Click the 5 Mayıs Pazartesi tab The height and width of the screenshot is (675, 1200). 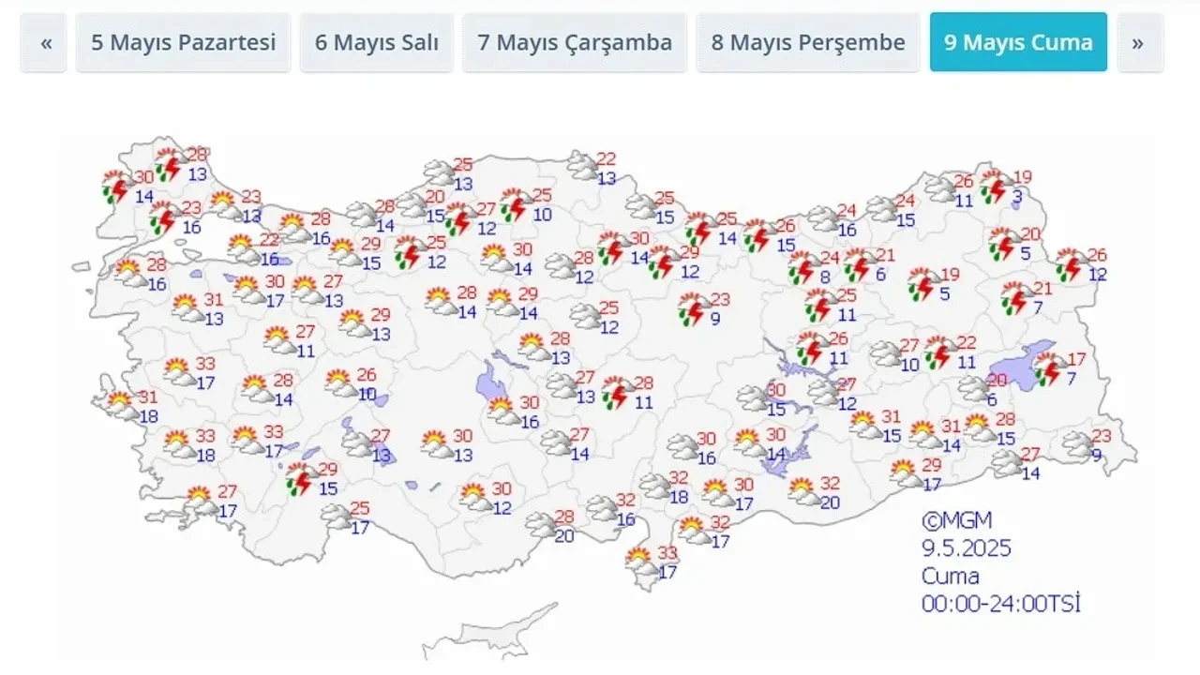coord(183,42)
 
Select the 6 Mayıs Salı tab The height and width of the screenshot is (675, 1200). coord(376,42)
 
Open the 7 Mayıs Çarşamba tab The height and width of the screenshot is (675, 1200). coord(575,42)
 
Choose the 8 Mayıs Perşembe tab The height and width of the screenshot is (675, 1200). coord(807,42)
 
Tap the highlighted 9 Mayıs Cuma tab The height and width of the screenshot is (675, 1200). coord(1018,42)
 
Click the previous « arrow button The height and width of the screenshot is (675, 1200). coord(44,42)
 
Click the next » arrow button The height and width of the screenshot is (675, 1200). coord(1139,42)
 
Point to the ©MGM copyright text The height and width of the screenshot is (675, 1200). coord(955,520)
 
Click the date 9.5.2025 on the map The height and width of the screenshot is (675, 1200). coord(966,547)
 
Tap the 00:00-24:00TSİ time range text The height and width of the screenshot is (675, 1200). coord(1000,604)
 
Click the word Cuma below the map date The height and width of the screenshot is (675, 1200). coord(950,576)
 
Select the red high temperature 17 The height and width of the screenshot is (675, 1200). coord(1076,358)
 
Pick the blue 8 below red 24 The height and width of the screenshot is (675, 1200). coord(825,277)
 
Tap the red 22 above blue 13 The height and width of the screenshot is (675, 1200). coord(606,159)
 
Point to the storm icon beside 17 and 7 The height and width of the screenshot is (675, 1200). coord(1049,370)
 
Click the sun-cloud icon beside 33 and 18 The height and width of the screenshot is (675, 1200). coord(177,444)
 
